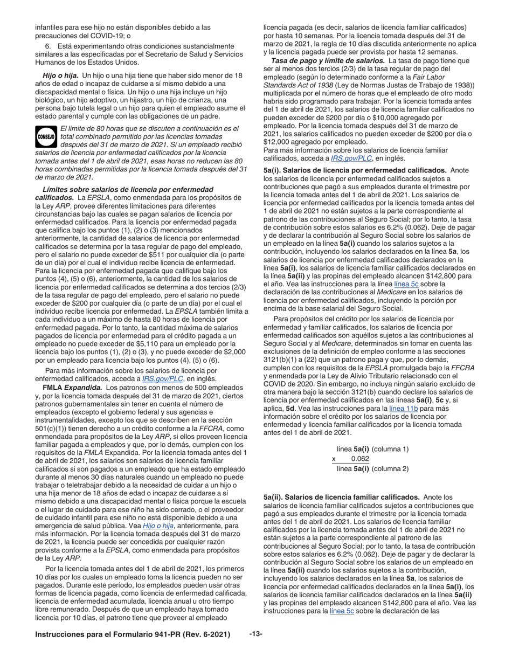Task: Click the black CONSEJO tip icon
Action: pyautogui.click(x=46, y=137)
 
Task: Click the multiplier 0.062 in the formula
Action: pyautogui.click(x=359, y=459)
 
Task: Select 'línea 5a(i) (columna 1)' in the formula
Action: pyautogui.click(x=372, y=448)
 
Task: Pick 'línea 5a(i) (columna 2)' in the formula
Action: pyautogui.click(x=372, y=468)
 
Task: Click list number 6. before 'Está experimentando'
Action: pyautogui.click(x=48, y=46)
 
